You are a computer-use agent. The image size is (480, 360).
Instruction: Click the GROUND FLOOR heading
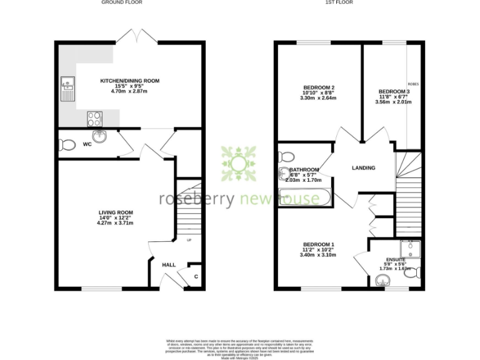(x=121, y=2)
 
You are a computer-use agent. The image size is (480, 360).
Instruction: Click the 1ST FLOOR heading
(x=339, y=2)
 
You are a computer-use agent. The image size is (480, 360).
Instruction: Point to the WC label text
(x=87, y=144)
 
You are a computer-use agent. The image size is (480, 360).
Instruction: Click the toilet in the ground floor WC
(x=66, y=145)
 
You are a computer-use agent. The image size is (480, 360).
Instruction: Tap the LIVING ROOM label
(x=116, y=212)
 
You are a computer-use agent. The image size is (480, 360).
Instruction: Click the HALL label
(x=169, y=265)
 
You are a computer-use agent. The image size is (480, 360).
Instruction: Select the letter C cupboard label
(x=196, y=276)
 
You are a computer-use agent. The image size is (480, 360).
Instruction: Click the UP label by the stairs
(x=189, y=239)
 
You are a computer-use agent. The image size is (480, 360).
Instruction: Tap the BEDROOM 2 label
(x=319, y=87)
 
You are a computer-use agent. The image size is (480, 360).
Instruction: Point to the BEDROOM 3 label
(x=394, y=92)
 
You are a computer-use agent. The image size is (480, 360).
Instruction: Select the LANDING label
(x=363, y=167)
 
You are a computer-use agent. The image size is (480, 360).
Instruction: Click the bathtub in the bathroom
(x=304, y=197)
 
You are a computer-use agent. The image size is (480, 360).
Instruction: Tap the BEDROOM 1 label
(x=319, y=244)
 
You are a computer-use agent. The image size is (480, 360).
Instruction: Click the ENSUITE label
(x=396, y=259)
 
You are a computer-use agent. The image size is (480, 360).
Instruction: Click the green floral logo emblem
(x=238, y=164)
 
